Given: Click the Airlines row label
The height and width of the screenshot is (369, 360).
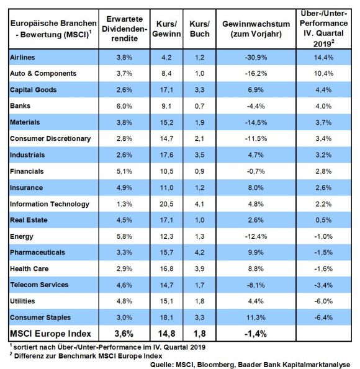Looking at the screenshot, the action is [x=22, y=58].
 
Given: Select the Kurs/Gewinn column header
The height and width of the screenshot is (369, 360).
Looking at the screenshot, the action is [x=166, y=29].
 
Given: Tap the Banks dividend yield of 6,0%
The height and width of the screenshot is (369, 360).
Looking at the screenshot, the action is [x=124, y=106].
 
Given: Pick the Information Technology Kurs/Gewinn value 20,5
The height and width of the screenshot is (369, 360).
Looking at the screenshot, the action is [x=166, y=204].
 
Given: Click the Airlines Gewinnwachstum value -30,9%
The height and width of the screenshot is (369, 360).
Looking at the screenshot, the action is [x=256, y=58].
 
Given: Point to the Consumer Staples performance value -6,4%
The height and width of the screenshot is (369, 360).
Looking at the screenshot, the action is [x=323, y=318].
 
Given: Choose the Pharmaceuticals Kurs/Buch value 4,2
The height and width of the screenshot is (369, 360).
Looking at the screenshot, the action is [x=200, y=252].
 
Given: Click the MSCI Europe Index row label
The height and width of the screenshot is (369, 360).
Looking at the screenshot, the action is [x=50, y=334].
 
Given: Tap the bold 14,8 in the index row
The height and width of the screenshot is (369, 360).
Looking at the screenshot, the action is [x=166, y=334].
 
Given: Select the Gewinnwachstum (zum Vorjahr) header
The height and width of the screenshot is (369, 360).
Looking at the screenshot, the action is [x=256, y=29].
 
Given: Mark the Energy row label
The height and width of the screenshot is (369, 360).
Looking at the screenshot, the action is [x=22, y=236].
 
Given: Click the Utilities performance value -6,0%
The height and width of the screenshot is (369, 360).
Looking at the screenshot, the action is [x=323, y=301].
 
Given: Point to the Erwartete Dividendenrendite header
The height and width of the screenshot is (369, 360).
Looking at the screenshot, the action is [x=124, y=29].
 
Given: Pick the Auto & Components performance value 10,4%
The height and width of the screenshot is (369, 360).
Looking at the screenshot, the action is [x=323, y=74].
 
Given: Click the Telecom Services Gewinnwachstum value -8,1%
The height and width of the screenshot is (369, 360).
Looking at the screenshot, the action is [x=256, y=285].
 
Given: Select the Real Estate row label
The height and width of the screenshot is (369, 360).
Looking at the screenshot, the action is [x=29, y=220].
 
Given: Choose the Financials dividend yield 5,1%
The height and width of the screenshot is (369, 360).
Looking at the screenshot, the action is [x=124, y=171].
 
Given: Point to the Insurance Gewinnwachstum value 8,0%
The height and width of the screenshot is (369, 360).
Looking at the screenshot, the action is [x=256, y=188].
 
